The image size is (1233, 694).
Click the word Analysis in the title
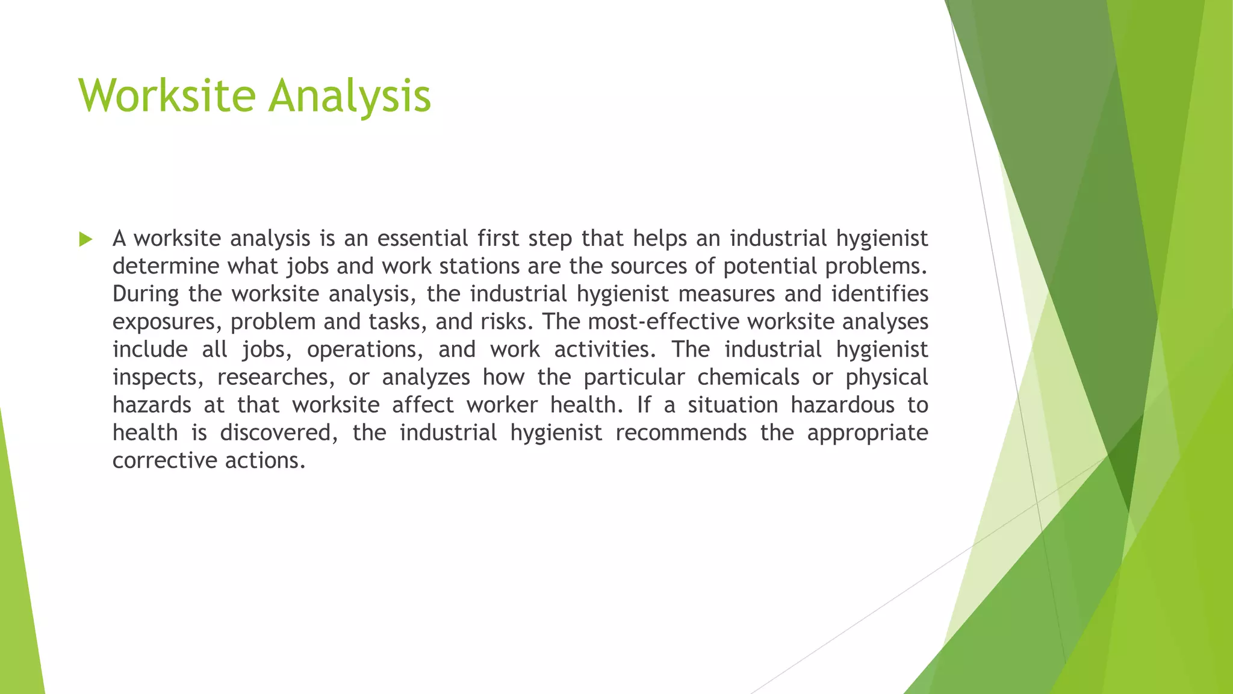(350, 96)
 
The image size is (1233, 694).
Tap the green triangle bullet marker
(85, 240)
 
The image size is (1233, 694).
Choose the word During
(145, 294)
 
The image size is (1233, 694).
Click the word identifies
(880, 294)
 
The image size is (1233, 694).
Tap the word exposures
(163, 322)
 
